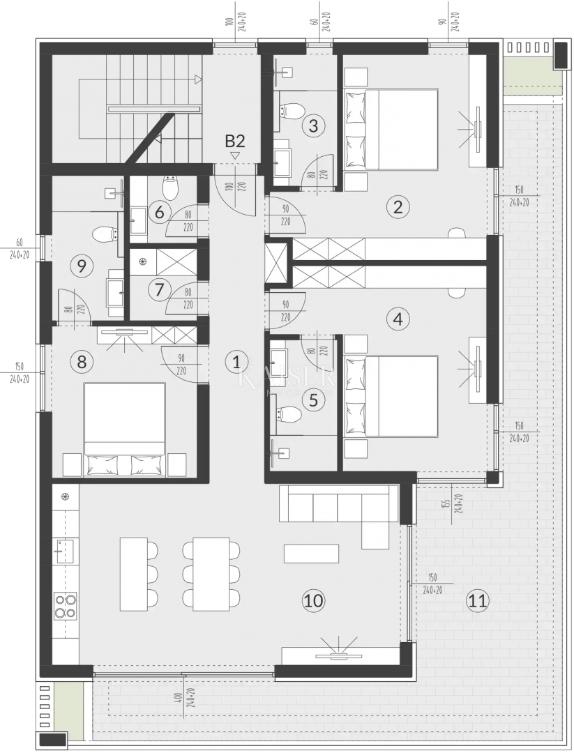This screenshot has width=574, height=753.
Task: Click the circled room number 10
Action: (314, 600)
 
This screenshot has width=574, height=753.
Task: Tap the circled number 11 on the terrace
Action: (478, 600)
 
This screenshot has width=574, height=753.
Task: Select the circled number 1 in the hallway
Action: (236, 361)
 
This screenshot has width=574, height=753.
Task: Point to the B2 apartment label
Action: (235, 141)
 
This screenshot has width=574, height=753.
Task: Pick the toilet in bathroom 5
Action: (289, 416)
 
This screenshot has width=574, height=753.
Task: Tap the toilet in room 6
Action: (170, 187)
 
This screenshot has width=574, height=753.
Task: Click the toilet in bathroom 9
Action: (104, 234)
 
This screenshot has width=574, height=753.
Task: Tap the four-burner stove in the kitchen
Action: (66, 605)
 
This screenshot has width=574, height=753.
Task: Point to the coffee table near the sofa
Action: (311, 554)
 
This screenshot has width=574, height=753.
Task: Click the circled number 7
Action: (160, 288)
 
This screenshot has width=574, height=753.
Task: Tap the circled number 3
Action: (314, 126)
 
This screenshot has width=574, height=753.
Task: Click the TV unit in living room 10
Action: (340, 655)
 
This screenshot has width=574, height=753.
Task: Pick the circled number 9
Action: (82, 266)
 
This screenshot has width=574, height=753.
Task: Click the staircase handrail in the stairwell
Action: (154, 108)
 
